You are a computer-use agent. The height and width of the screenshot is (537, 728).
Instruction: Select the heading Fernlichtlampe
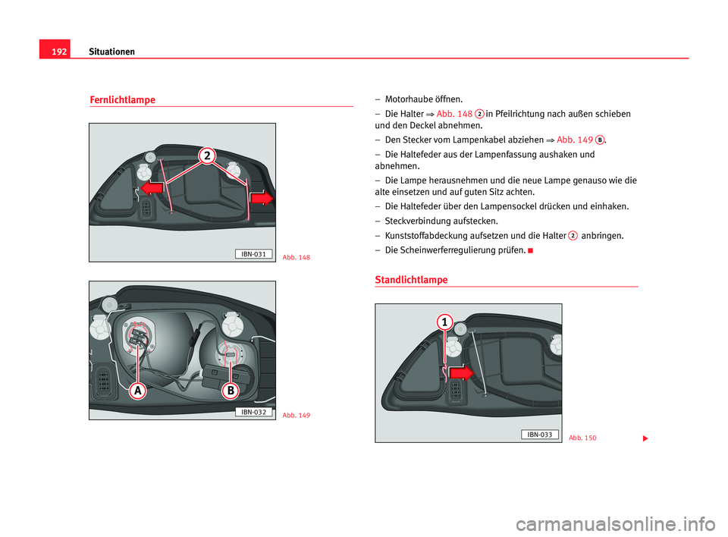click(122, 100)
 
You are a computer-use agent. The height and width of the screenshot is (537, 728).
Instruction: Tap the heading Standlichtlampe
click(411, 280)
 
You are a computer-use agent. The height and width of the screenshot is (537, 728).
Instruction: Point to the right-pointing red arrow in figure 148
click(262, 197)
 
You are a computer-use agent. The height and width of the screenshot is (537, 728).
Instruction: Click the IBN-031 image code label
click(253, 253)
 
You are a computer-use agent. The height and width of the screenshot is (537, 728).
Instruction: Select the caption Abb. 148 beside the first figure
click(296, 258)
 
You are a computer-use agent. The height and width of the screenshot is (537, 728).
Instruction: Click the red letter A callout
click(137, 391)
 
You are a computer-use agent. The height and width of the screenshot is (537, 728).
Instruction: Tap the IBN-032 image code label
click(253, 411)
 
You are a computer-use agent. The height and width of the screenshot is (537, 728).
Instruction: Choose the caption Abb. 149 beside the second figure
click(296, 416)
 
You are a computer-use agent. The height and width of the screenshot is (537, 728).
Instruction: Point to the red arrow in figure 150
click(460, 372)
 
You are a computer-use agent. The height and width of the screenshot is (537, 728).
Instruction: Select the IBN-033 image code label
click(540, 434)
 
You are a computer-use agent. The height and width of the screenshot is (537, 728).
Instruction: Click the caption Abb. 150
click(582, 438)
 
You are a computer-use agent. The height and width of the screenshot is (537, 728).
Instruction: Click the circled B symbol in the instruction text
click(599, 140)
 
